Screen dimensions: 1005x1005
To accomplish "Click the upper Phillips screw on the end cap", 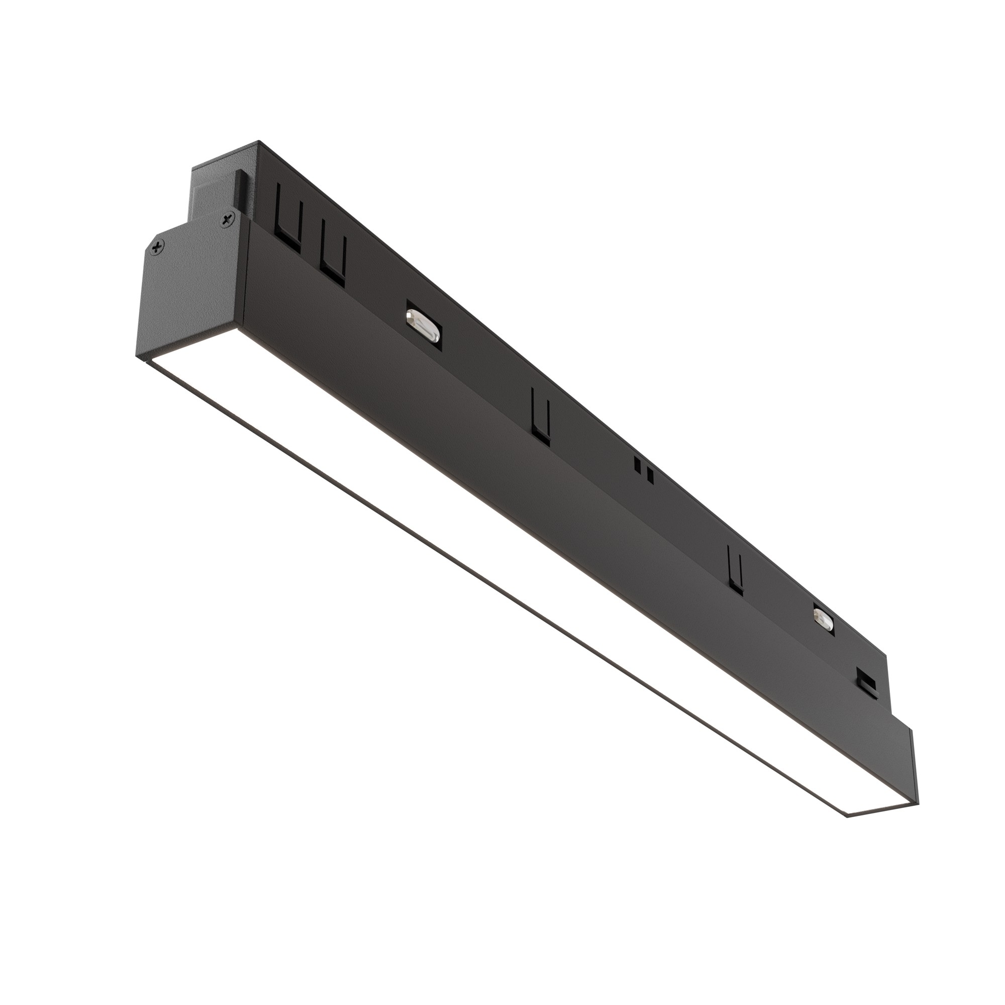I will point(227,221).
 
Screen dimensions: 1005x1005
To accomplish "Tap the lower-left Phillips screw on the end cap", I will point(158,248).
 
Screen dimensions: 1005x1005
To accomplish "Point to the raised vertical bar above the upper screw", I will point(241,190).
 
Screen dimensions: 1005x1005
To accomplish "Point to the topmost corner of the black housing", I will point(258,142).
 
